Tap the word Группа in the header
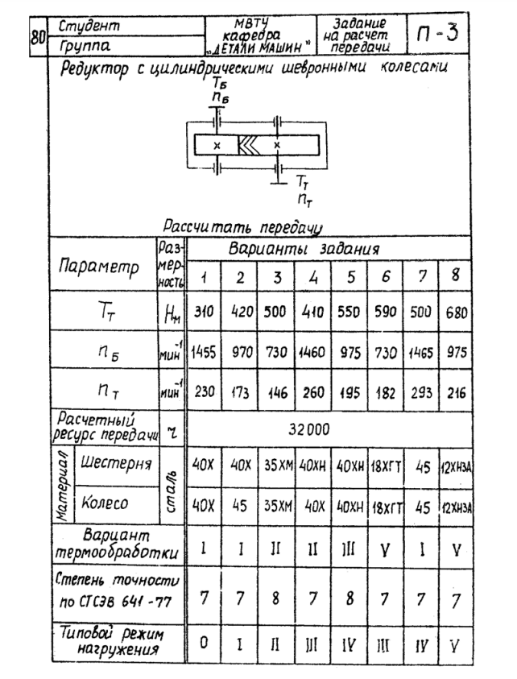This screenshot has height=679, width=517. click(x=80, y=46)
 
